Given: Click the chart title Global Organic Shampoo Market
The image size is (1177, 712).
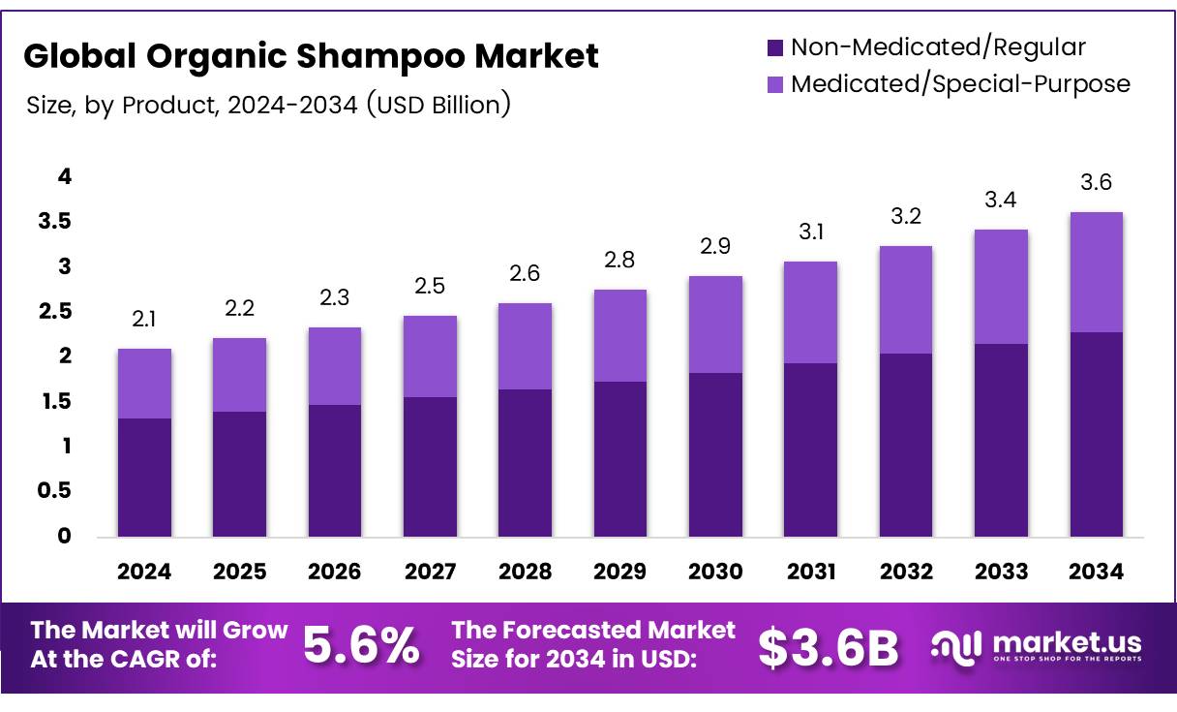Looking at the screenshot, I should tap(311, 56).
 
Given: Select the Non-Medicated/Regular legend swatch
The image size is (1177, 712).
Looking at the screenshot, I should tap(774, 46).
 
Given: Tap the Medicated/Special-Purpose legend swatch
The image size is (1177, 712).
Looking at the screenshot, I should tap(774, 84).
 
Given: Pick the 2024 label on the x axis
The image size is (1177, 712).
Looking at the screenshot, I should tap(144, 572).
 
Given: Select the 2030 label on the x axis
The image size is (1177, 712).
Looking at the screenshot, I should tap(715, 572).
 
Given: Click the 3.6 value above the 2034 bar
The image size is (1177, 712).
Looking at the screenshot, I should tap(1096, 183).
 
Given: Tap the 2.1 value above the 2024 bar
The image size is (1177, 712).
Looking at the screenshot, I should tap(144, 320).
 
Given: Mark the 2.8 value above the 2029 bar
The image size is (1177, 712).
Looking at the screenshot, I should tap(619, 261).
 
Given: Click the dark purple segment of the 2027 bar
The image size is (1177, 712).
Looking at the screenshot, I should tap(430, 466).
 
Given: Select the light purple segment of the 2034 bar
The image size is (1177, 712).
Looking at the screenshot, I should tap(1096, 272).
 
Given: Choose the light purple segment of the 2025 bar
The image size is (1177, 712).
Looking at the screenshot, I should tap(239, 375).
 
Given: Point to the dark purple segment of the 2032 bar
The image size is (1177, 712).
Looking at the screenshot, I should tap(905, 445).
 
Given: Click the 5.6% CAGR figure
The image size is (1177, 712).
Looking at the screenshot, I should tap(362, 646).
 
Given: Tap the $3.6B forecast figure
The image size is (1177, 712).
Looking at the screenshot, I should tap(829, 647).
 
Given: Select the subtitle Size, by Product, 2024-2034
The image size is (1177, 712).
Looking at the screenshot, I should tap(267, 105).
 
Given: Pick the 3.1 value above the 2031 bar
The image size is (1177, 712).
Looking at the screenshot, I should tap(810, 232).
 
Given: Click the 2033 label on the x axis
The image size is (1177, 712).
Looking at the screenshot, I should tap(1001, 572).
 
